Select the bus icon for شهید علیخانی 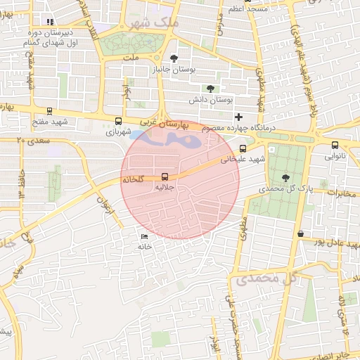(243, 148)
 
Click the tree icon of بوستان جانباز (174, 58)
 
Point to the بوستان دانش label (214, 101)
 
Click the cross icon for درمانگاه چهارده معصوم (238, 117)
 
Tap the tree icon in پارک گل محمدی (285, 177)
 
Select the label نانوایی (334, 157)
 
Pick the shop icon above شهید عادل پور (301, 233)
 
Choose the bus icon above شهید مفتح (49, 110)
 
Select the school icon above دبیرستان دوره (49, 22)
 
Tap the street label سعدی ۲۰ (30, 141)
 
